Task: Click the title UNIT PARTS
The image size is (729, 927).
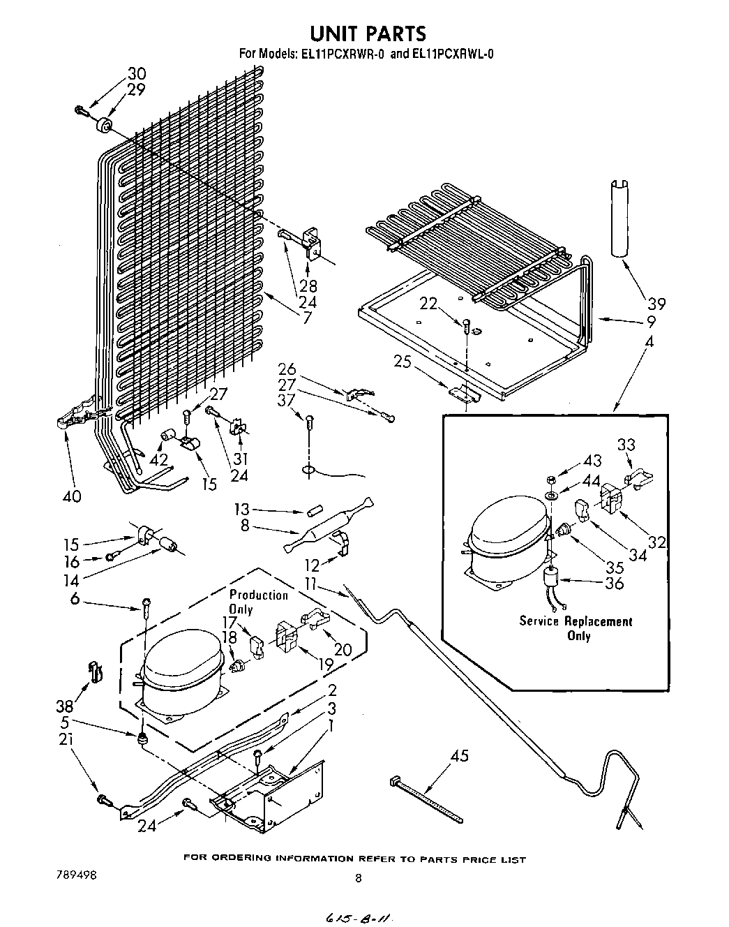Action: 368,34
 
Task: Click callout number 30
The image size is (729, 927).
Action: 137,74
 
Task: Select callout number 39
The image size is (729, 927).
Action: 656,304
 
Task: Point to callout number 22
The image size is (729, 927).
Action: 428,304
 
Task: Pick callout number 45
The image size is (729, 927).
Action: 460,755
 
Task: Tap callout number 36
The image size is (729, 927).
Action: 615,584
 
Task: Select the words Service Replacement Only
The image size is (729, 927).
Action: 576,628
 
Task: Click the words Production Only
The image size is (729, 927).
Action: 258,602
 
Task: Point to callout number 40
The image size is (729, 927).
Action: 71,497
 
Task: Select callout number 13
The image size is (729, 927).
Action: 241,509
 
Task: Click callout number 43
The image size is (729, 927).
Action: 592,461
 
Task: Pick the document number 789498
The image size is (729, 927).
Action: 76,875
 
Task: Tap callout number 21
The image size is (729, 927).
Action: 66,740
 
